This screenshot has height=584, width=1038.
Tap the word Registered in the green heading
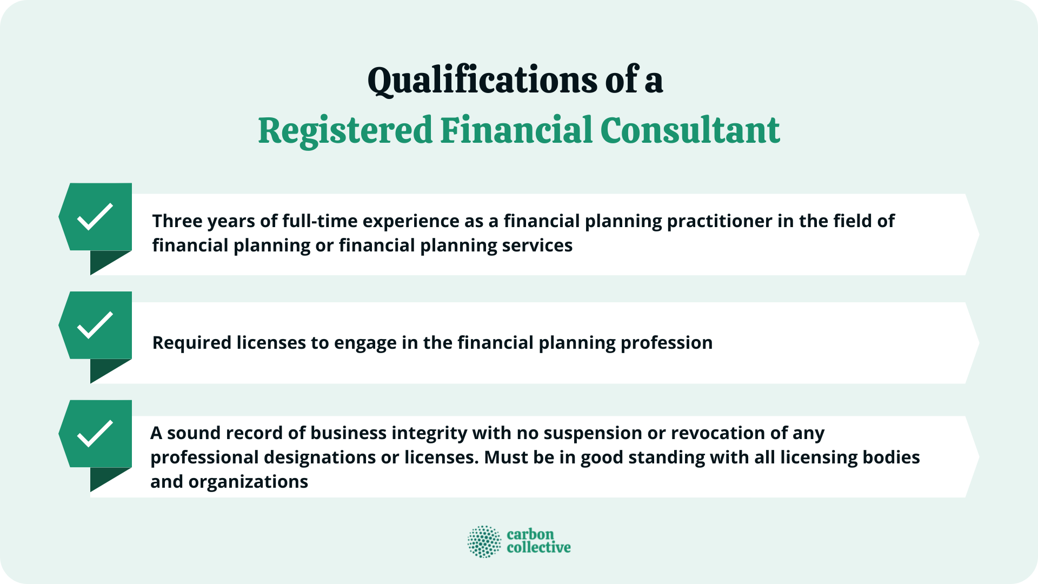(345, 131)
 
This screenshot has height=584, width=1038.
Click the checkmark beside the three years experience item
(95, 217)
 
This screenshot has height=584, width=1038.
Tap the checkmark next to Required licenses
(95, 325)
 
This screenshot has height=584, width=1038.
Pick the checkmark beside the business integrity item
(95, 434)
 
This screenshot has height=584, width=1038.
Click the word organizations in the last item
(248, 482)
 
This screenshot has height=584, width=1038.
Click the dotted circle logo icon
(484, 541)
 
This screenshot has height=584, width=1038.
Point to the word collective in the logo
(538, 548)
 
